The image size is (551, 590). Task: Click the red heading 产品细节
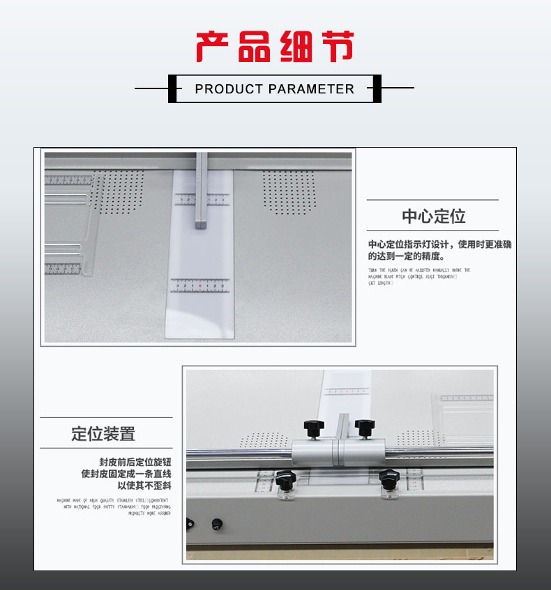pos(275,47)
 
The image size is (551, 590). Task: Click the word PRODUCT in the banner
pos(229,89)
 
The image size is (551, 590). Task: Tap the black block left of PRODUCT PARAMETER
pos(171,88)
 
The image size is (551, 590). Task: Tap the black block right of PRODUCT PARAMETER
pos(377,88)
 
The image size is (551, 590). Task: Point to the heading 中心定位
pos(433,216)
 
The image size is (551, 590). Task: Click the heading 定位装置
pos(103,433)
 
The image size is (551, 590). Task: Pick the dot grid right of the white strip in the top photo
pos(289,192)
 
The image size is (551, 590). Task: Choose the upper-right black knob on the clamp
pos(363,426)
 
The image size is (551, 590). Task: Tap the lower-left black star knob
pos(285,479)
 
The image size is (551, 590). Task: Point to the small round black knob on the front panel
pos(216,523)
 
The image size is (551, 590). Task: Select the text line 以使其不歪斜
pos(144,485)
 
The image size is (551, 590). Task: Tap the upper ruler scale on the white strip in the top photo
pos(201,199)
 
